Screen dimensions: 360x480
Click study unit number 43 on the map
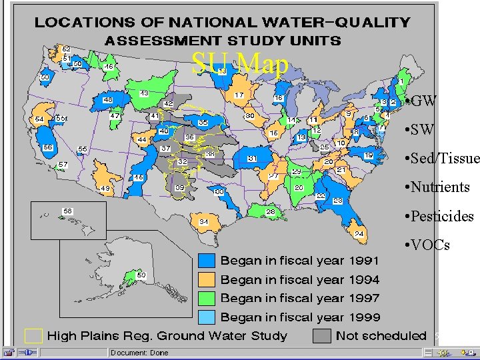pyautogui.click(x=144, y=93)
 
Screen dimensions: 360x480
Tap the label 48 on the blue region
pyautogui.click(x=107, y=100)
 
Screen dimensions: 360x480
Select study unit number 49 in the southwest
pyautogui.click(x=105, y=189)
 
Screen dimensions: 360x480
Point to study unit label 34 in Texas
pyautogui.click(x=203, y=221)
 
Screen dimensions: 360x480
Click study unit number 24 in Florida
pyautogui.click(x=359, y=233)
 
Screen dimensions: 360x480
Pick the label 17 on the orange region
pyautogui.click(x=238, y=95)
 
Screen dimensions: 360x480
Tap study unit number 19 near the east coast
pyautogui.click(x=368, y=155)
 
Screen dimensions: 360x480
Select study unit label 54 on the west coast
pyautogui.click(x=39, y=119)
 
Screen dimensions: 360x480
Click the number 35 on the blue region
pyautogui.click(x=203, y=123)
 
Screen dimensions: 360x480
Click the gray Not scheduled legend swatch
pyautogui.click(x=322, y=335)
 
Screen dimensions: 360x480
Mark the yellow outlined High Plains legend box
pyautogui.click(x=33, y=335)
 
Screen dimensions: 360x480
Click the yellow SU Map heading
pyautogui.click(x=240, y=65)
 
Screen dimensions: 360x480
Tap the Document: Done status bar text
pyautogui.click(x=139, y=353)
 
